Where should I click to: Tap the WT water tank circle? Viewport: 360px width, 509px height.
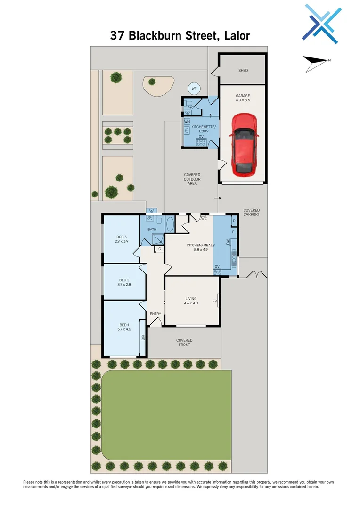[x=194, y=88]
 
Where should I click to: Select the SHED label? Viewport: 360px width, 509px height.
[x=243, y=71]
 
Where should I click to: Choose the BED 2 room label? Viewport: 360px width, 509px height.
[x=124, y=282]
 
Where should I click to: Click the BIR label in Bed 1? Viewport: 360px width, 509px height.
[x=143, y=337]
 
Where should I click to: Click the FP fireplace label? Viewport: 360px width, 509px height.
[x=214, y=301]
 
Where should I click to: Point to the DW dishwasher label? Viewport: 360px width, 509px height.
[x=228, y=242]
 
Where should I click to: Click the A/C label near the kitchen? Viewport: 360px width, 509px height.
[x=204, y=219]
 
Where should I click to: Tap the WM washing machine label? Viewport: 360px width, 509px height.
[x=187, y=122]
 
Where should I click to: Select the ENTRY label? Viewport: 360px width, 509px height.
[x=155, y=314]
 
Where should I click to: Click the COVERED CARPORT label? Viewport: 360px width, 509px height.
[x=251, y=212]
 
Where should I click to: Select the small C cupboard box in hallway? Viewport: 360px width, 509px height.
[x=160, y=248]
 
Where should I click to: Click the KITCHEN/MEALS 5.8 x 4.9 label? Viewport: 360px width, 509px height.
[x=201, y=247]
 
